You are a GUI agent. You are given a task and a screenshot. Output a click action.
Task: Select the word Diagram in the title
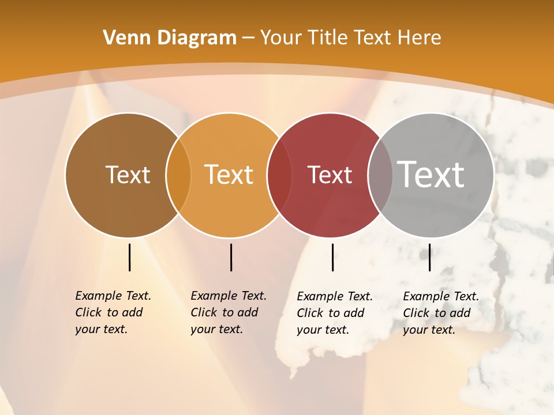(x=197, y=38)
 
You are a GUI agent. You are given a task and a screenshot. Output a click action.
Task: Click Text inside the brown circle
(x=128, y=175)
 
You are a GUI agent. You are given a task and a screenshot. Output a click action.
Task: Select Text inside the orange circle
(x=229, y=175)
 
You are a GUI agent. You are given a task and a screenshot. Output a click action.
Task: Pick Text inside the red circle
(x=330, y=175)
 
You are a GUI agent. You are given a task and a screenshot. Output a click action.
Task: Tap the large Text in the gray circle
(x=431, y=175)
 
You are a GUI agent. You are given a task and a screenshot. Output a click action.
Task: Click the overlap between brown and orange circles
(x=178, y=175)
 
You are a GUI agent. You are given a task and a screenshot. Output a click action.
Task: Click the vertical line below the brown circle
(x=130, y=257)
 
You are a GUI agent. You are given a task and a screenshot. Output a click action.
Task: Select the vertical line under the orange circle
(x=231, y=257)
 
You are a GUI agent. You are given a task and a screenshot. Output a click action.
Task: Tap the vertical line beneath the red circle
(x=332, y=257)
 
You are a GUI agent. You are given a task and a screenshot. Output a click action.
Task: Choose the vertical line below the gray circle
(x=429, y=257)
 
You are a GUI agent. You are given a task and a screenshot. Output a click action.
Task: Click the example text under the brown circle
(x=113, y=312)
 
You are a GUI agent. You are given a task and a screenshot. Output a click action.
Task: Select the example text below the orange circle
(x=228, y=312)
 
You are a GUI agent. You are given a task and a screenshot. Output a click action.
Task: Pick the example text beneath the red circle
(x=334, y=313)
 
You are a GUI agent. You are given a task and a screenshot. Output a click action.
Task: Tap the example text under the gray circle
(x=440, y=313)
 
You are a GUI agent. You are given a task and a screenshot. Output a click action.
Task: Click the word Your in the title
(x=281, y=38)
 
